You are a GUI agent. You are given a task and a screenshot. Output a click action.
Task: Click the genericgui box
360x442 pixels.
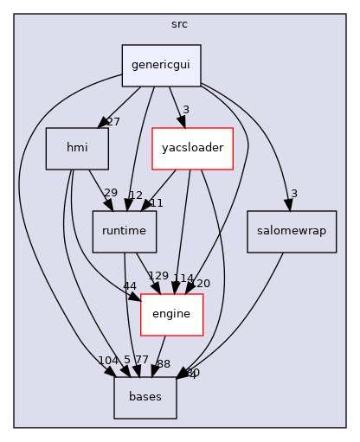coord(161,66)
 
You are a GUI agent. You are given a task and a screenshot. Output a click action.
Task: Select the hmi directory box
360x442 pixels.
coord(77,149)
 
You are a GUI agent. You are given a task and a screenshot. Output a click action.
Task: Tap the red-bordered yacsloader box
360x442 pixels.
coord(192,149)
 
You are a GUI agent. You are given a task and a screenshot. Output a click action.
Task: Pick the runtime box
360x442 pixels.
coord(125,232)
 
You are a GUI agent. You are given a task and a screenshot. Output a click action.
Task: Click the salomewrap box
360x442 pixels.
coord(291,232)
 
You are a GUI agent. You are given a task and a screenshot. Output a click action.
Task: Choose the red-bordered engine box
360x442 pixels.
coord(170,314)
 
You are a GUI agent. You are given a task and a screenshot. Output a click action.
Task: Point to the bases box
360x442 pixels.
coord(145,397)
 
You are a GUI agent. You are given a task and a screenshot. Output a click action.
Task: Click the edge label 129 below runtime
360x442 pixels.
coord(158,276)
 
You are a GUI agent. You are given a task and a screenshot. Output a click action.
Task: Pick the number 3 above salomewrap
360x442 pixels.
coord(295,193)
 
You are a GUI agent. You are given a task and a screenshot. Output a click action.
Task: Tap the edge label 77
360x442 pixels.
coord(141,359)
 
